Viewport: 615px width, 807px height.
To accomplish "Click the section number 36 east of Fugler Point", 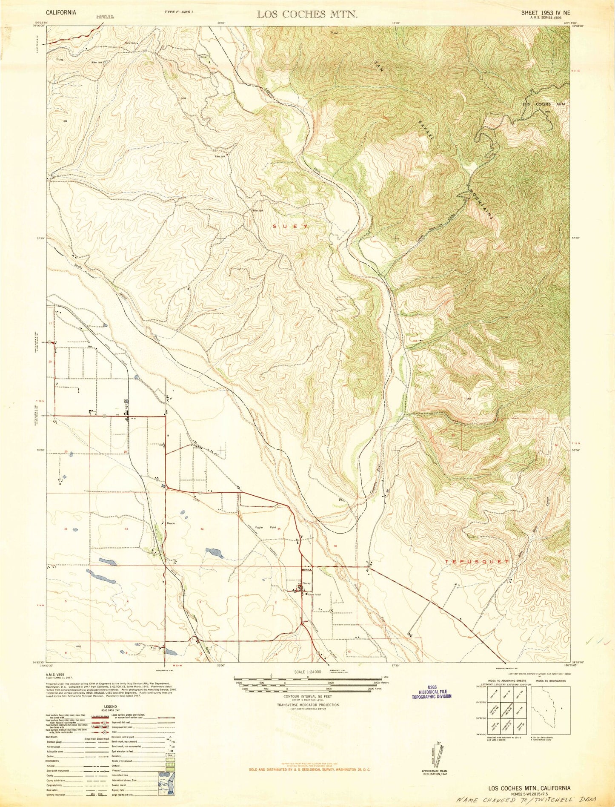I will (336, 546).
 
